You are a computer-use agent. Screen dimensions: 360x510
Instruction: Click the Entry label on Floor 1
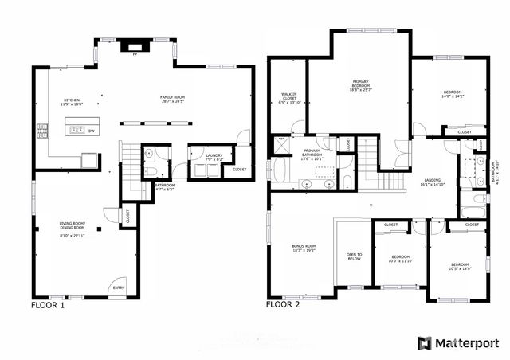(118, 288)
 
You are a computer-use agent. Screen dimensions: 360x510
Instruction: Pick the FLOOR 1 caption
(48, 305)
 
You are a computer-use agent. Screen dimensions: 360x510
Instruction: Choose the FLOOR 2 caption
(283, 305)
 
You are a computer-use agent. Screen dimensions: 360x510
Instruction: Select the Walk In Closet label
(288, 99)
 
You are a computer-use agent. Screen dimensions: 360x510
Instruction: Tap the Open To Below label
(354, 258)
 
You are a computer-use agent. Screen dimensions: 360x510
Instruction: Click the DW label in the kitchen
(92, 131)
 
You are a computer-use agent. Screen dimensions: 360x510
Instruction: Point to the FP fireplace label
(135, 56)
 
